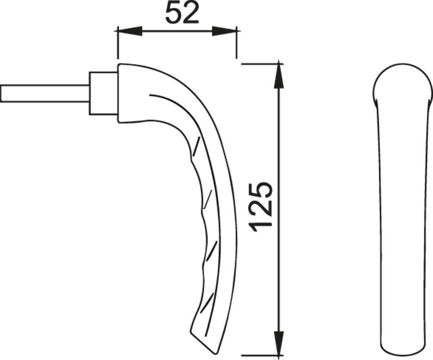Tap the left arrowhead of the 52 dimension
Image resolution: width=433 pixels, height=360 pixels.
(130, 31)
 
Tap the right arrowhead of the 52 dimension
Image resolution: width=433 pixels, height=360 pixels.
(224, 31)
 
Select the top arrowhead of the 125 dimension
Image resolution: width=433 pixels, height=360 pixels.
(279, 76)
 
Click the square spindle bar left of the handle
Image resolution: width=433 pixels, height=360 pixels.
(45, 94)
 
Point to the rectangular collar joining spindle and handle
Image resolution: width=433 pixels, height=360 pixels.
(104, 93)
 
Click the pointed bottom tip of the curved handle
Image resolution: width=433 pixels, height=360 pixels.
(214, 353)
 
